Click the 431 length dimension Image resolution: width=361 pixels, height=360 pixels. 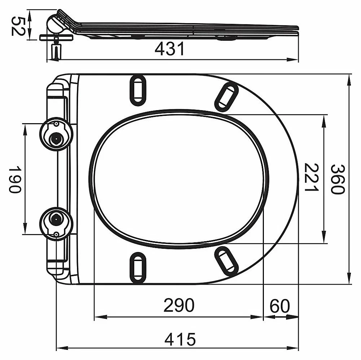tap(170, 49)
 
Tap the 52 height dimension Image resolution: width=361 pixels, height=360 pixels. tap(17, 26)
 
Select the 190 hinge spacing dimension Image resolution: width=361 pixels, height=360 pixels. tap(15, 179)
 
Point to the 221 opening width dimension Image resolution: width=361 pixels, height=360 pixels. tap(311, 177)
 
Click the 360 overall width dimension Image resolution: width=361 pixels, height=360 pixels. tap(338, 179)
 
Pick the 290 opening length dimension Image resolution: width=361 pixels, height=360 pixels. tap(179, 305)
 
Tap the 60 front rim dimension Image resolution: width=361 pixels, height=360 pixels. tap(280, 306)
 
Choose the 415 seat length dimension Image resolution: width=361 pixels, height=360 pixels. tap(180, 339)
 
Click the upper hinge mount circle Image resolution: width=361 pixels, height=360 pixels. tap(56, 134)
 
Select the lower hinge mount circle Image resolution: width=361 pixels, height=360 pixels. tap(56, 224)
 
